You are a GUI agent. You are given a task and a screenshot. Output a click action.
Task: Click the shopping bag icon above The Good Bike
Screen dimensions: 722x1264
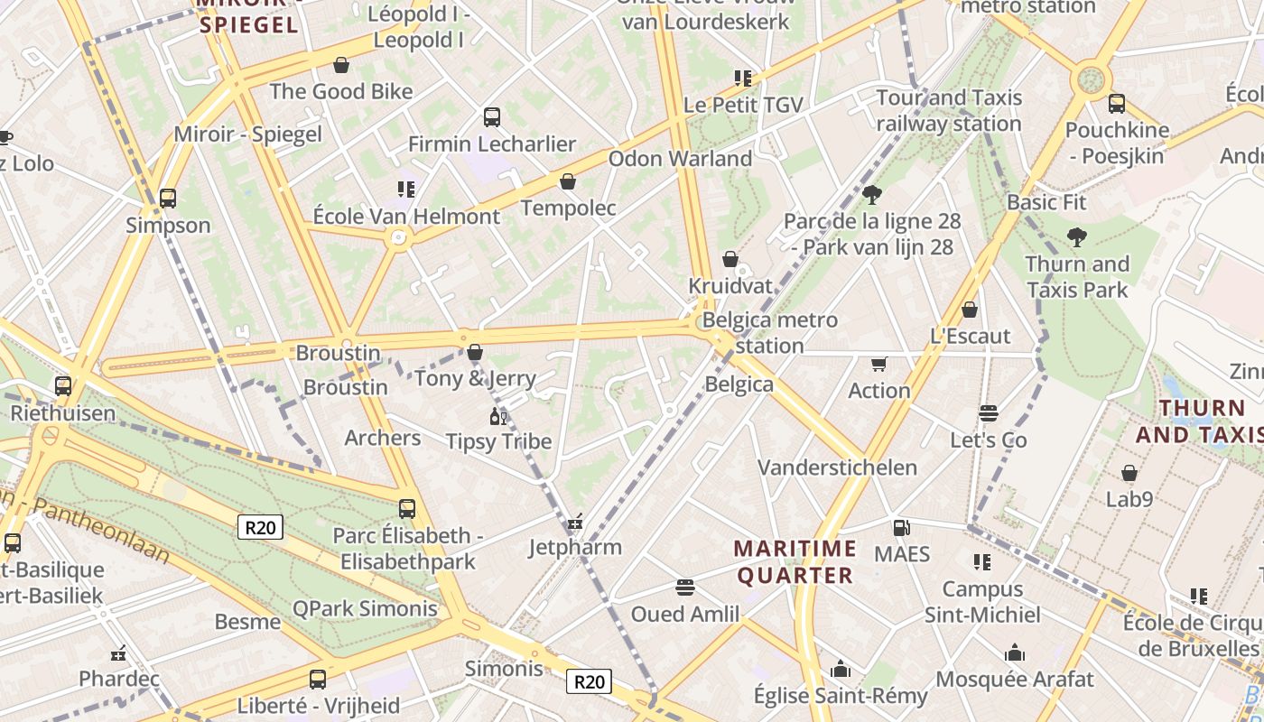(341, 65)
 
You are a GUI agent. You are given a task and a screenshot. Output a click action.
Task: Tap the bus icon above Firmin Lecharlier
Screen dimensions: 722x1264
(492, 116)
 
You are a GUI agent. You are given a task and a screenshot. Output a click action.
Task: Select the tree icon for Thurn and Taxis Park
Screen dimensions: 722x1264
(1076, 237)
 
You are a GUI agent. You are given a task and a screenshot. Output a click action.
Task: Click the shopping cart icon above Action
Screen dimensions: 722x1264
(878, 364)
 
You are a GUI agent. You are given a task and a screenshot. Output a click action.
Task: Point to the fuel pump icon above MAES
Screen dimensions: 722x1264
(900, 527)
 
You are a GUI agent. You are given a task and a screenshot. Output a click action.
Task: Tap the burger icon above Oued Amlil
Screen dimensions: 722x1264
(684, 588)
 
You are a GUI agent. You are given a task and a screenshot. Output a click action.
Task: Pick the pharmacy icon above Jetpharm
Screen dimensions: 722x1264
(575, 522)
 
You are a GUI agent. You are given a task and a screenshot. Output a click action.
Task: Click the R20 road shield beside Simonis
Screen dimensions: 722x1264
(589, 681)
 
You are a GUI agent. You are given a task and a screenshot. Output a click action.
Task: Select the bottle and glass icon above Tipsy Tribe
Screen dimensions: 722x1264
(497, 416)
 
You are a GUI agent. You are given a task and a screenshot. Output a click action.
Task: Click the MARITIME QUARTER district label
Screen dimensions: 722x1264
(795, 561)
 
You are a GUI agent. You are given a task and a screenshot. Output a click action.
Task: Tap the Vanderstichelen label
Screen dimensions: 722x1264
(837, 467)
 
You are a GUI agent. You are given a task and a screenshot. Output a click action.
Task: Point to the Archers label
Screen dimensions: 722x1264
(383, 438)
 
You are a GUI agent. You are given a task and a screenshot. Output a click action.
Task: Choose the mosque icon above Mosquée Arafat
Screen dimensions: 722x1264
(1014, 653)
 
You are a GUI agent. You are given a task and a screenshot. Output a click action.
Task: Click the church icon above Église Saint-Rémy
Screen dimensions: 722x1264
(841, 669)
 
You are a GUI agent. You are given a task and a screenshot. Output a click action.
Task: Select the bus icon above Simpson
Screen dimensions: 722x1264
(168, 198)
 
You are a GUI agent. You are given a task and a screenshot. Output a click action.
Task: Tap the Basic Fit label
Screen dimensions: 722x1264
(1046, 202)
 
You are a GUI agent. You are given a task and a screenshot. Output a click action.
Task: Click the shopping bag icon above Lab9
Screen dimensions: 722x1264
(1129, 473)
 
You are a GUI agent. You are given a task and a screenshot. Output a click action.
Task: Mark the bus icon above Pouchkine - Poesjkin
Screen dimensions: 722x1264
(1117, 103)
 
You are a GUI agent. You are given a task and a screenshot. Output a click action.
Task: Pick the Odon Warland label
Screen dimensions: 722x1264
(680, 159)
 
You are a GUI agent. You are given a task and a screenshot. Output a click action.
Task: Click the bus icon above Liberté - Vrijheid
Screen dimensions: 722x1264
(318, 679)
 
